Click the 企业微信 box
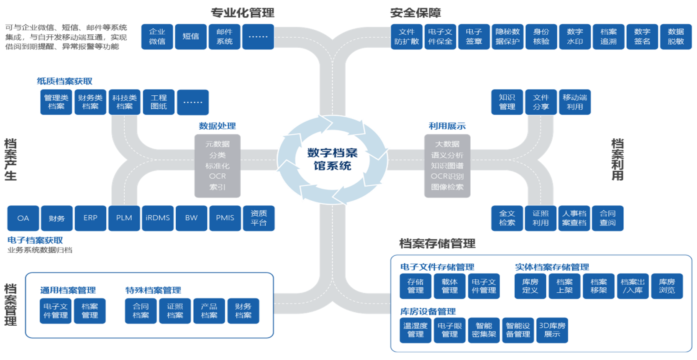click(x=157, y=37)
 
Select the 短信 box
click(x=191, y=37)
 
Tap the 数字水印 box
click(x=575, y=37)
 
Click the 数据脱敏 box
click(x=676, y=37)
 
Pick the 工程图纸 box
click(x=159, y=102)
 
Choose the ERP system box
click(x=90, y=218)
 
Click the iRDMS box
click(x=158, y=218)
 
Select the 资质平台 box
click(x=259, y=218)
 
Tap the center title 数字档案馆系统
click(x=333, y=159)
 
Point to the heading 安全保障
click(x=415, y=13)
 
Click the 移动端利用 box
click(x=575, y=102)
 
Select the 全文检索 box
click(x=507, y=218)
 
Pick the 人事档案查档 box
click(x=574, y=218)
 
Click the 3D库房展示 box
click(x=552, y=330)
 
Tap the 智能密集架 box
click(x=484, y=330)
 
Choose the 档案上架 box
click(x=564, y=286)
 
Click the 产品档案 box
click(x=209, y=311)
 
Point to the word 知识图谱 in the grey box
click(x=447, y=166)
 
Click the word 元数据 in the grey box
click(x=217, y=144)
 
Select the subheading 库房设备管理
click(x=428, y=311)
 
